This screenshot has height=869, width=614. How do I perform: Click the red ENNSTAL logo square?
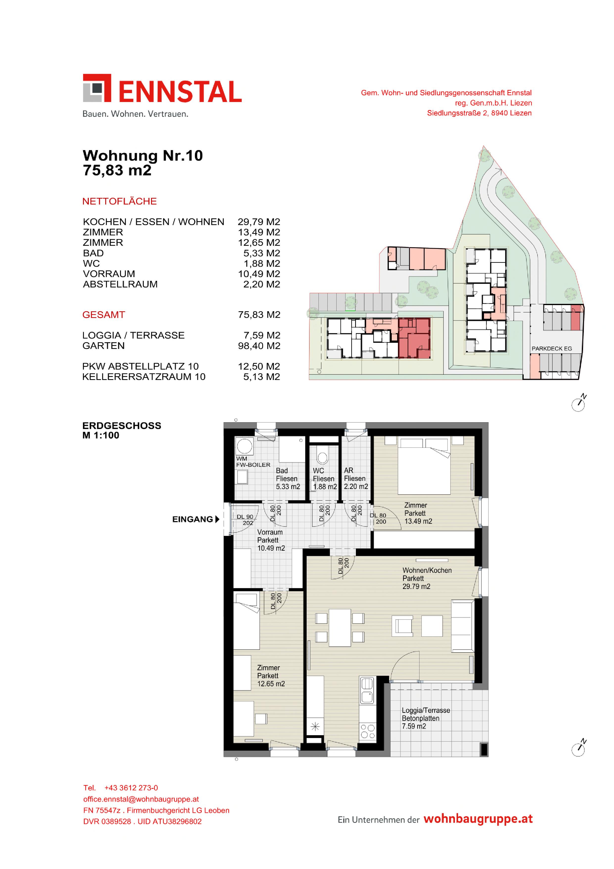pos(97,88)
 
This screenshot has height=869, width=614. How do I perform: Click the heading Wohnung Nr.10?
pos(143,156)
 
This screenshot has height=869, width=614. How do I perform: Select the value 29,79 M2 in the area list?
pos(259,222)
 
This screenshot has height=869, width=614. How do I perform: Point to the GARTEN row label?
pos(103,345)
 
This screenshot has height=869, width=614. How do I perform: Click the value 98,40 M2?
pos(259,345)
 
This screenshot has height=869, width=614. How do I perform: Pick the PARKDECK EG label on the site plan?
pos(552,349)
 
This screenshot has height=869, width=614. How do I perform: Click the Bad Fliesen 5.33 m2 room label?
pos(288,478)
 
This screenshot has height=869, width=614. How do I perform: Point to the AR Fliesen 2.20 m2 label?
pos(356,478)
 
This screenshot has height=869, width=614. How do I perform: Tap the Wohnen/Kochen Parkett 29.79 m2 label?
pos(427,578)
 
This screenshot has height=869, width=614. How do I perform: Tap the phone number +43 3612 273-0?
pos(131,788)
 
